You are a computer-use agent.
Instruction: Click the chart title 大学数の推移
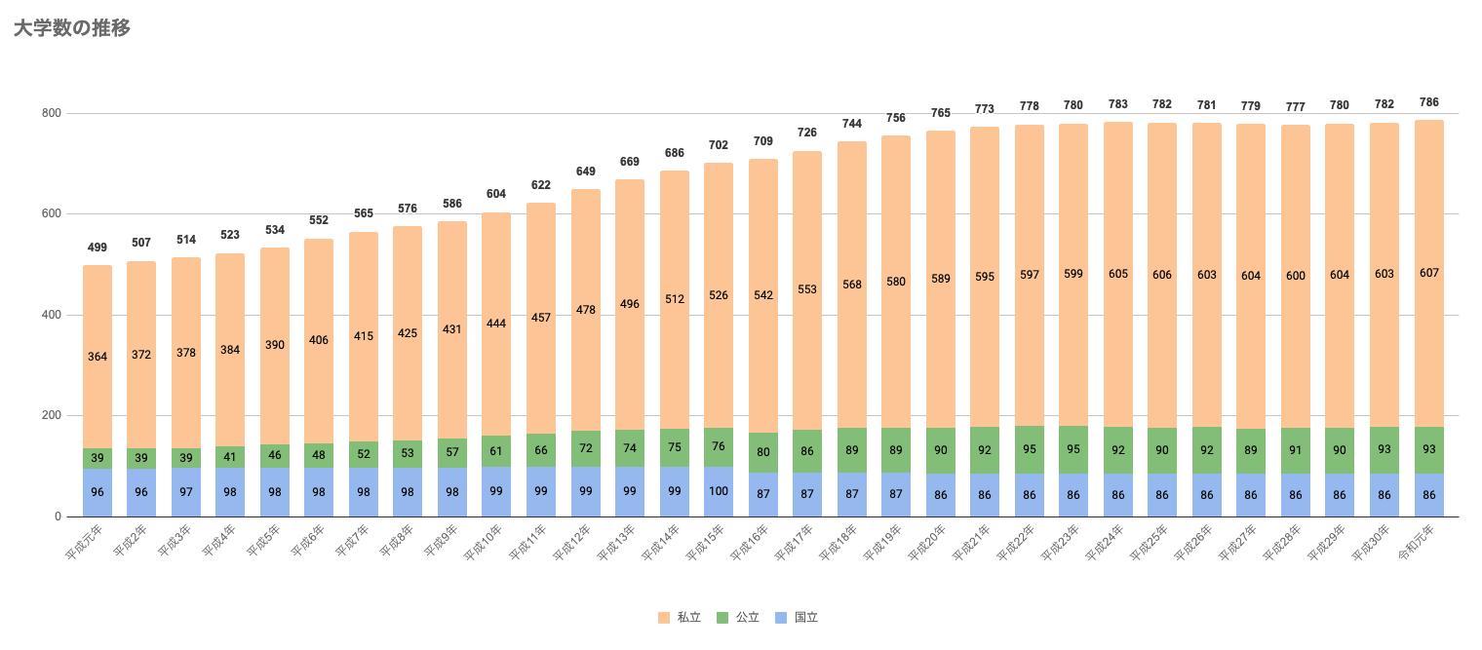72,28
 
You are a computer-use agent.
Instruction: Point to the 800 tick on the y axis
52,113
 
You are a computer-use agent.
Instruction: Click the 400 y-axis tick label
52,315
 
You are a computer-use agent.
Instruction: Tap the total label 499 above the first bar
97,248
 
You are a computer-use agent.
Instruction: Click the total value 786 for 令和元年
1428,102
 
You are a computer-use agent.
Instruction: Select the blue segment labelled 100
719,492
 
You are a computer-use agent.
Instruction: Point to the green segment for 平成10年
496,451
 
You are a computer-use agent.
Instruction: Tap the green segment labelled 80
763,452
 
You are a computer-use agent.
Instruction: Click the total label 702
719,145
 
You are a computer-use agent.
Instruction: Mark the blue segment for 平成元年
97,493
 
